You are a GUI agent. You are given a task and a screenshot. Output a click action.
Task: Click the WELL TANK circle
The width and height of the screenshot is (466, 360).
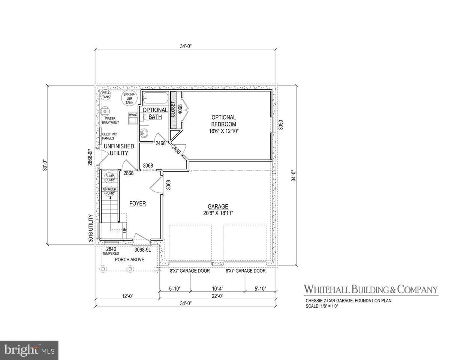pyautogui.click(x=106, y=94)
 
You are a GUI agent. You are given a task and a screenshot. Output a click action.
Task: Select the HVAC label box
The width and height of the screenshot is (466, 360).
pyautogui.click(x=133, y=115)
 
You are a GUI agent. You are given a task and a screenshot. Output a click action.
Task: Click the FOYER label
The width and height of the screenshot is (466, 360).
pyautogui.click(x=138, y=203)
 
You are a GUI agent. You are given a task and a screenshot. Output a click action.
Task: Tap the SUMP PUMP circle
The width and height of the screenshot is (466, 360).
pyautogui.click(x=109, y=178)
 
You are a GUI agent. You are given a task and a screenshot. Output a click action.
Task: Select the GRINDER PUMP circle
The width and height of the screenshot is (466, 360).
pyautogui.click(x=109, y=191)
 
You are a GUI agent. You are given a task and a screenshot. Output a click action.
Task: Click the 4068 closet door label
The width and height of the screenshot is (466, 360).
pyautogui.click(x=180, y=109)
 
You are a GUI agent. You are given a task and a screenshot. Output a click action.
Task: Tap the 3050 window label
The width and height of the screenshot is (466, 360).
pyautogui.click(x=281, y=124)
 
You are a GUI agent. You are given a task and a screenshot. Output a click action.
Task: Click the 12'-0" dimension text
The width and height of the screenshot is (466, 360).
pyautogui.click(x=128, y=296)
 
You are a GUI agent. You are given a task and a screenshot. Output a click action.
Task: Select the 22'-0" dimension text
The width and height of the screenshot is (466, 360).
pyautogui.click(x=218, y=296)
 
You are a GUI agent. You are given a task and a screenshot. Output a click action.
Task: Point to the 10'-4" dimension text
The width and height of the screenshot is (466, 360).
pyautogui.click(x=218, y=289)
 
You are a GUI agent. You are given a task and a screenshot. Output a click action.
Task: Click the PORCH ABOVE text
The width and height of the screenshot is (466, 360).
pyautogui.click(x=130, y=259)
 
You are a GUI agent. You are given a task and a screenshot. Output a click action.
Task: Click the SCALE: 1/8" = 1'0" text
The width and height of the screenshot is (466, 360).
pyautogui.click(x=322, y=306)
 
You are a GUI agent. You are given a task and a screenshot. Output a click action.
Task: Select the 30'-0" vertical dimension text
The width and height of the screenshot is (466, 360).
pyautogui.click(x=45, y=165)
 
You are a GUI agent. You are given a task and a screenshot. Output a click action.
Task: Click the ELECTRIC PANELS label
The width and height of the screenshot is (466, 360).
pyautogui.click(x=109, y=136)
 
